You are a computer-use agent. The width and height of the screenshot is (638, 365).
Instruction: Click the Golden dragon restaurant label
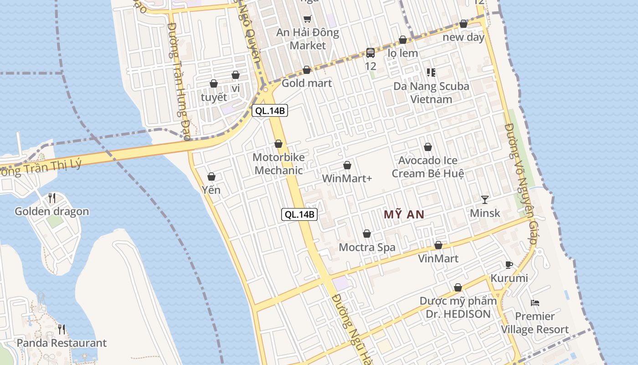(52, 211)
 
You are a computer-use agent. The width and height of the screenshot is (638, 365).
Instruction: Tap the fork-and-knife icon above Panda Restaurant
(62, 329)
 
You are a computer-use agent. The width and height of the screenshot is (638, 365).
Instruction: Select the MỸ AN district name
(404, 214)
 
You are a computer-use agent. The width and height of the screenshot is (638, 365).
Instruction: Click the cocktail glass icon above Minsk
(484, 199)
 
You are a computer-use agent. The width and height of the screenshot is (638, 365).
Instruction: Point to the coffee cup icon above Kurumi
(509, 265)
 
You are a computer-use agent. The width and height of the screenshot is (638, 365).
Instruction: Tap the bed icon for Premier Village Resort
(535, 302)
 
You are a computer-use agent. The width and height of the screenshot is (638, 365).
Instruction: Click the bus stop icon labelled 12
(370, 53)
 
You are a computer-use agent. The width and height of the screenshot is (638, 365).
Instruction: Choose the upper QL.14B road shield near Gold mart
(271, 110)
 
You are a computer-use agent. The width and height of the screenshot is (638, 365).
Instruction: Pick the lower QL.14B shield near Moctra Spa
(299, 214)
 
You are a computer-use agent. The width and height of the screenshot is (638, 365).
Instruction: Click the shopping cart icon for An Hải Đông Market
(308, 19)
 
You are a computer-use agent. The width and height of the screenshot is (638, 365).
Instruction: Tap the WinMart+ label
(347, 178)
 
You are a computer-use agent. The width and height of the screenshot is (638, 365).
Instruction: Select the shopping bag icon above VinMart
(438, 245)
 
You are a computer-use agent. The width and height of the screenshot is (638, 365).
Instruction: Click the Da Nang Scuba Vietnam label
(431, 93)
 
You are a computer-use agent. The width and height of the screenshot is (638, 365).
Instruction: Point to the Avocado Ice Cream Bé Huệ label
(428, 167)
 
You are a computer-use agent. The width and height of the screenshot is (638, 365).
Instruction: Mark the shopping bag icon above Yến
(211, 176)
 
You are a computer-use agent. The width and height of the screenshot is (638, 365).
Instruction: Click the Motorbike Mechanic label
(278, 164)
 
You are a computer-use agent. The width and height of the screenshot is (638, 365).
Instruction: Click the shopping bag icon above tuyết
(214, 83)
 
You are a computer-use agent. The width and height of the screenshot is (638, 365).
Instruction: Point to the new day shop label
(463, 37)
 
